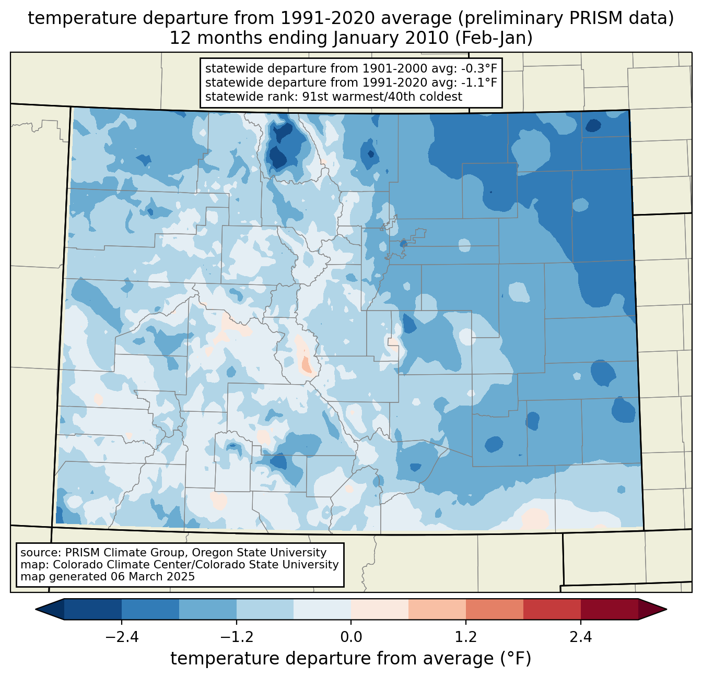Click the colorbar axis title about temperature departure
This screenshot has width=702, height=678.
coord(351,659)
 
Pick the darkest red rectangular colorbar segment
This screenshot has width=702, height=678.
coord(609,609)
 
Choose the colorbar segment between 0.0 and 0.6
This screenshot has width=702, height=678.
coord(380,609)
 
